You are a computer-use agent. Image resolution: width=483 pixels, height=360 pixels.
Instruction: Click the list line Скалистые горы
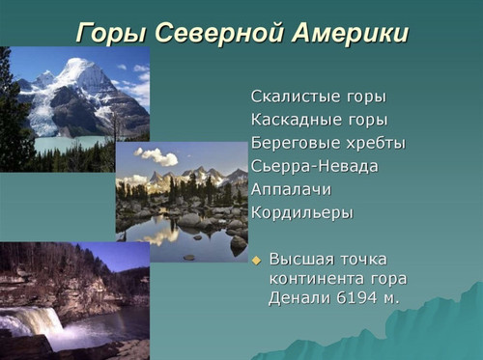tap(318, 97)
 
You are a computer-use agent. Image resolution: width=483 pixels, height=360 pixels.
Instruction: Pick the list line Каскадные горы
tap(319, 121)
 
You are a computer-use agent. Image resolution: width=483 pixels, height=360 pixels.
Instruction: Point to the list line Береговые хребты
tap(327, 143)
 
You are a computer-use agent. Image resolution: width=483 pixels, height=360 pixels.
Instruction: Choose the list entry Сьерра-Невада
tap(314, 166)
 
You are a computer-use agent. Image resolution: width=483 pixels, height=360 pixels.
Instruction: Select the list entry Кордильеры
tap(301, 212)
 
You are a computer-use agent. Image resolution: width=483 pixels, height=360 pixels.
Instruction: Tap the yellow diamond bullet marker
tap(256, 261)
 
